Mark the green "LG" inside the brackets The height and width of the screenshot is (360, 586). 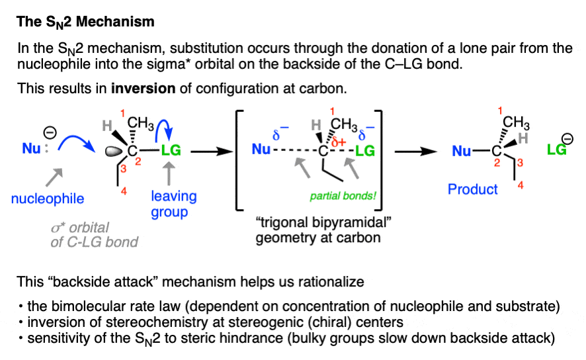coord(365,152)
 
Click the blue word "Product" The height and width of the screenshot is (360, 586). coord(472,189)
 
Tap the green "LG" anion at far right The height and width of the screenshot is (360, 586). coord(557,150)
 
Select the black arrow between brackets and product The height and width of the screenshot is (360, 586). coord(417,152)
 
